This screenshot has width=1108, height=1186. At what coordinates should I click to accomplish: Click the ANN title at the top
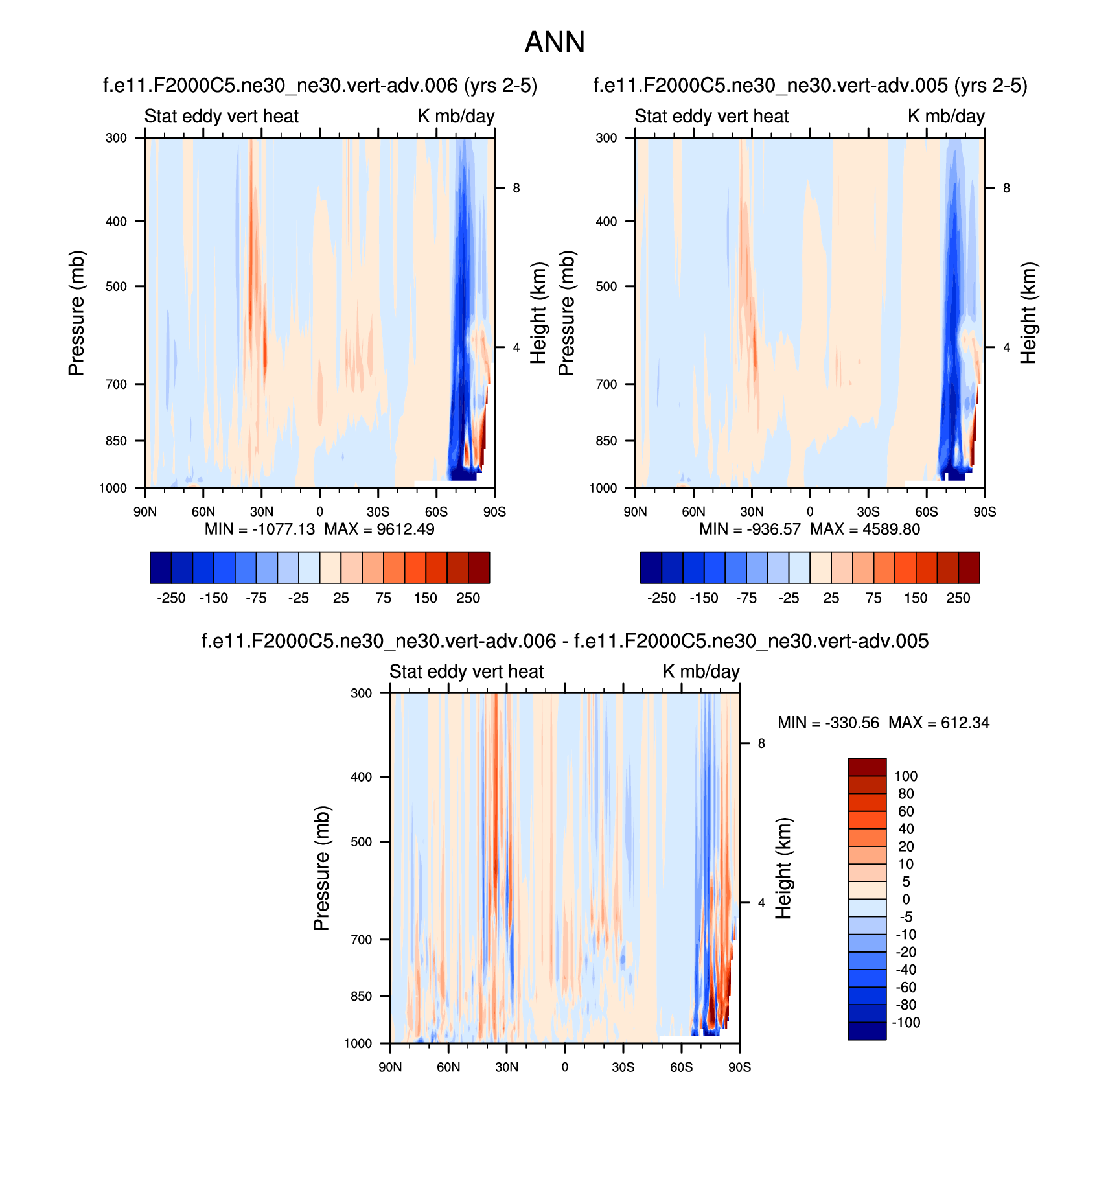coord(554,43)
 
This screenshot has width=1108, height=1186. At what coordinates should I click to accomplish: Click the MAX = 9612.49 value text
coord(380,529)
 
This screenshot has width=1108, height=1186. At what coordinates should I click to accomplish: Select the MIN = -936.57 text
coord(750,529)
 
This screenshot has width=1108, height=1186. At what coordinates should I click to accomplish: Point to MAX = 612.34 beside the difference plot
coord(939,723)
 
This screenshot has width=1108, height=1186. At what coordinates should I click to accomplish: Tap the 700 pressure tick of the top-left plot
coord(116,384)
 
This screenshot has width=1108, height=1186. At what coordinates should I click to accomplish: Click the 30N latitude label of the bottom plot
coord(506,1067)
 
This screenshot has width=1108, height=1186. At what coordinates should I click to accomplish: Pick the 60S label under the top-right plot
coord(926,512)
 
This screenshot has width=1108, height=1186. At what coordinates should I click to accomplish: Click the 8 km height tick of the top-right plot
coord(1006,188)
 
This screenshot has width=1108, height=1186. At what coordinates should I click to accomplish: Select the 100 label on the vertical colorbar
coord(906,776)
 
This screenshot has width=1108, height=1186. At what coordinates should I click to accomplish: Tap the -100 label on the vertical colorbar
coord(906,1023)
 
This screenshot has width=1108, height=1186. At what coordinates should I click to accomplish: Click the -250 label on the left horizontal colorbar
coord(171,598)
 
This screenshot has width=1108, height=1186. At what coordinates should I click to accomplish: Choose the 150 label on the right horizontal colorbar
coord(916,598)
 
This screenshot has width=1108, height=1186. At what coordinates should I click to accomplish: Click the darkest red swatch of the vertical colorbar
coord(867,767)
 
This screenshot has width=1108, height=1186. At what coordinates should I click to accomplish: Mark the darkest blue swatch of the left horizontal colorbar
coord(160,568)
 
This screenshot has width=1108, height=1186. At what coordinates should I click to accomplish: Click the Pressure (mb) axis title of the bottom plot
coord(321,868)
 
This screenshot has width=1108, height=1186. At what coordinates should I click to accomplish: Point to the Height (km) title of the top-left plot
coord(538,313)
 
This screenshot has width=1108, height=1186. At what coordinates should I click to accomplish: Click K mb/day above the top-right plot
coord(946,116)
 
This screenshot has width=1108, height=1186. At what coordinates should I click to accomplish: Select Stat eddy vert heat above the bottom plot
coord(467,671)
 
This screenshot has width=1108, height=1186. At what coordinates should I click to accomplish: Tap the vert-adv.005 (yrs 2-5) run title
coord(810,86)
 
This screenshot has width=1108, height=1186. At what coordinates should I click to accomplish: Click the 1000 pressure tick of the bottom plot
coord(358,1043)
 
